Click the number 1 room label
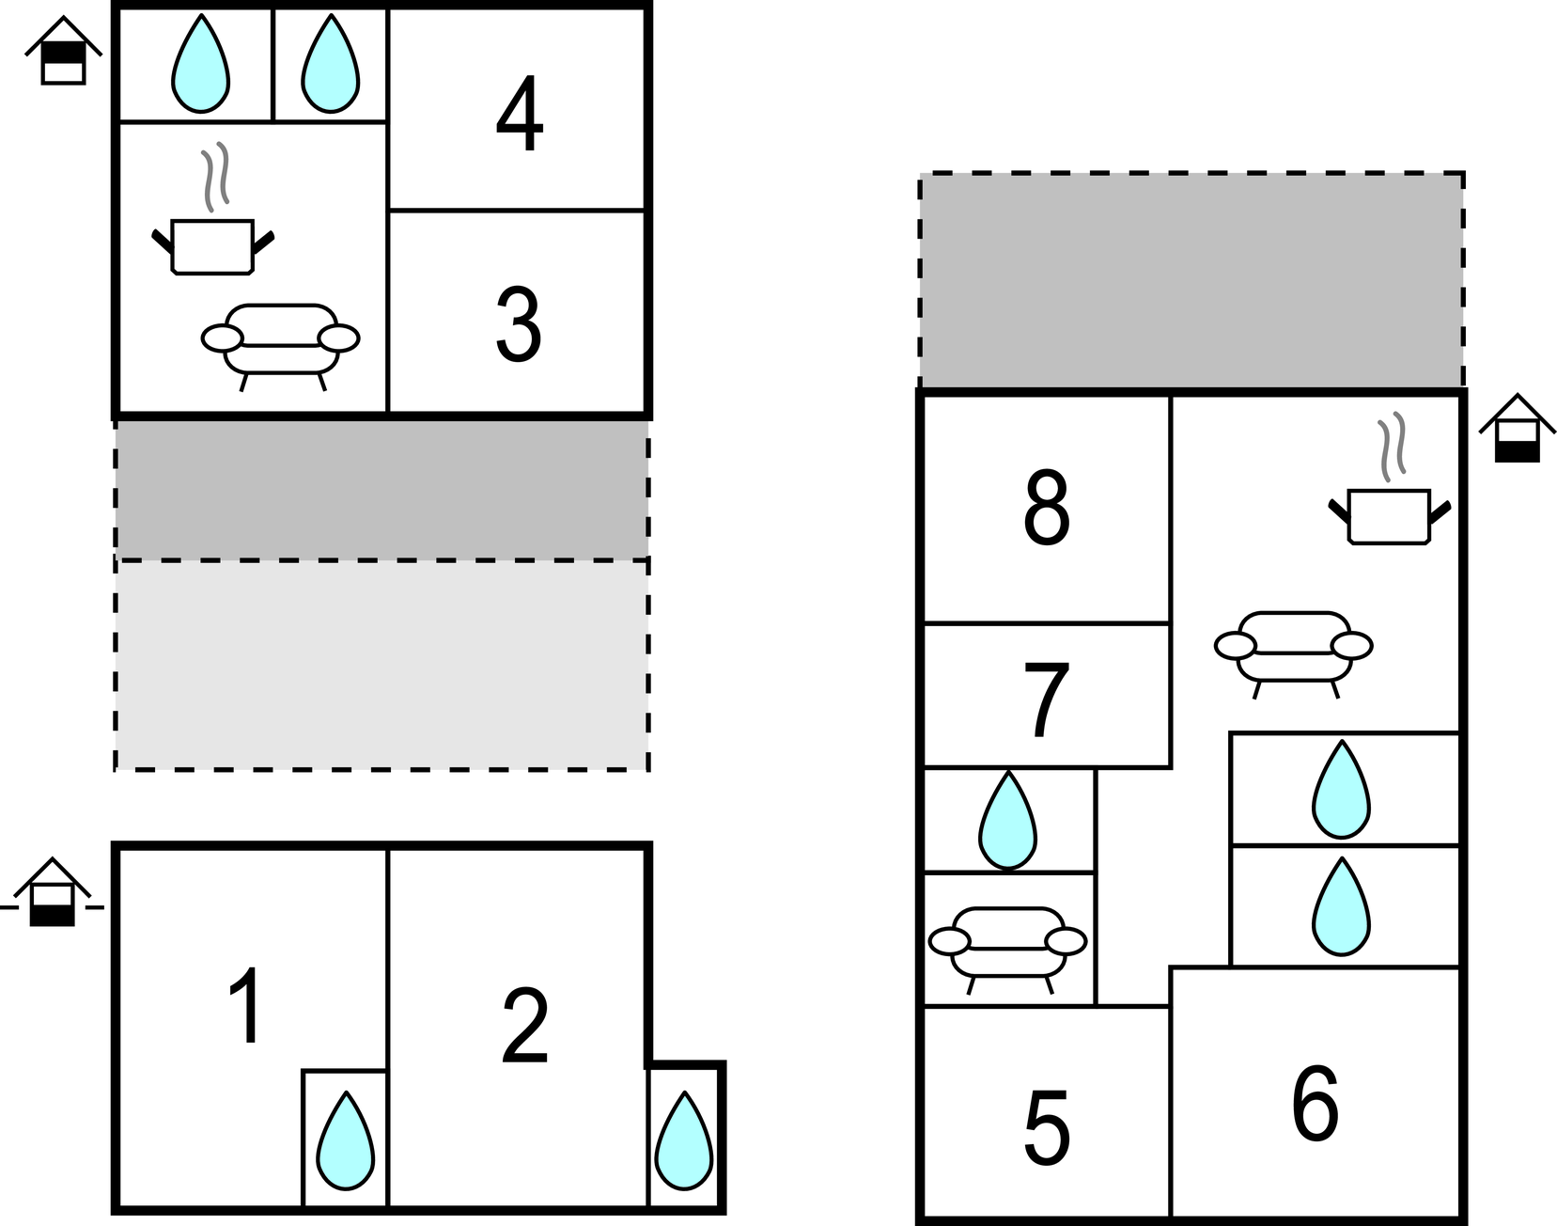(246, 1007)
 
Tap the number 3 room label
(519, 325)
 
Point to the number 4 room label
(520, 117)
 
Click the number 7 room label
(1046, 699)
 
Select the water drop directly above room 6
(1342, 906)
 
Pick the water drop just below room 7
(1008, 821)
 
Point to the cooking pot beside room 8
(1389, 515)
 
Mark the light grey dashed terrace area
(381, 666)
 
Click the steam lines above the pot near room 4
(215, 175)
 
